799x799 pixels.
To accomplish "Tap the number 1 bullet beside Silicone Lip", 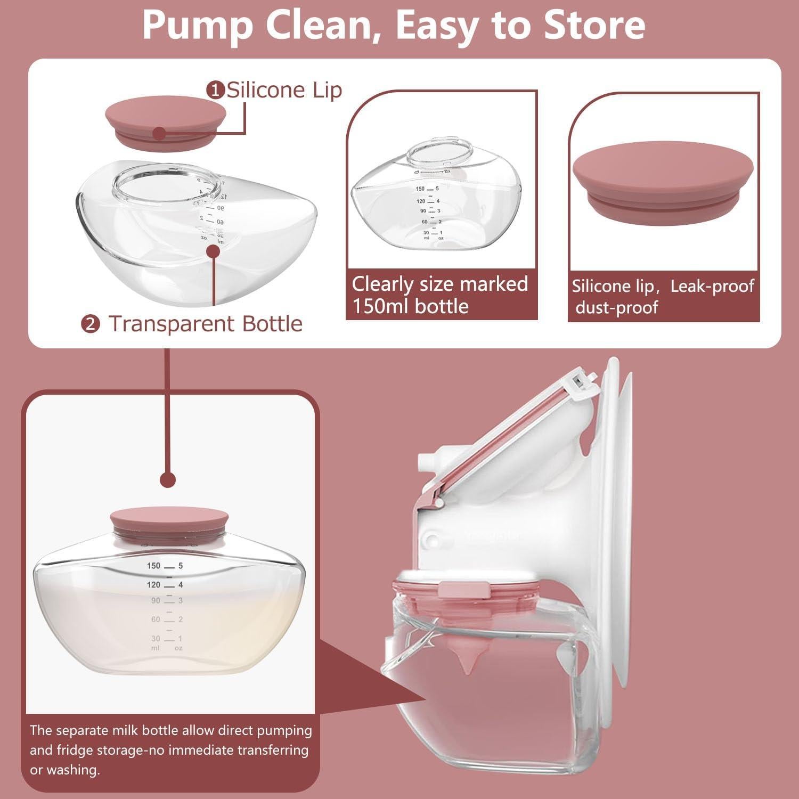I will pos(215,91).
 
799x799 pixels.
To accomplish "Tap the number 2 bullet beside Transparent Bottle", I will pos(91,324).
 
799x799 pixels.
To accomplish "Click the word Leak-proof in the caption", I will pos(712,286).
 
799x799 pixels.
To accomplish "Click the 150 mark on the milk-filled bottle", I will pos(153,566).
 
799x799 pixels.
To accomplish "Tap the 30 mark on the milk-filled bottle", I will pos(156,638).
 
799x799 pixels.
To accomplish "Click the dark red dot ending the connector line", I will pos(168,479).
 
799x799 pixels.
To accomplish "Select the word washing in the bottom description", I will pos(73,770).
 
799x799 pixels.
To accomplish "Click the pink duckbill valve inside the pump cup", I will pos(467,661).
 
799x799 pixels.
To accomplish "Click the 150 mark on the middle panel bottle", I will pos(420,189).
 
